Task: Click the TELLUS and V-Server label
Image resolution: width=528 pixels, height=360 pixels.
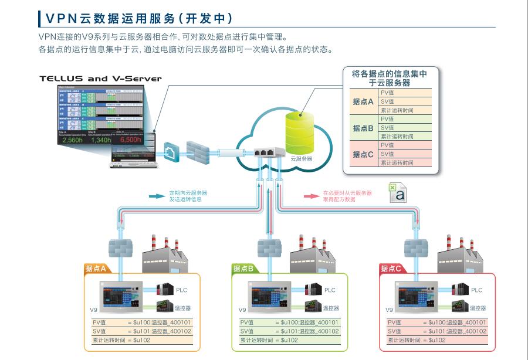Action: coord(100,78)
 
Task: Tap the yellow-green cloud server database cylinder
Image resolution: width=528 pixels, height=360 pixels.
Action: coord(299,130)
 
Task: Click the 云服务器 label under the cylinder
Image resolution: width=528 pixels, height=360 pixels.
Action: coord(301,159)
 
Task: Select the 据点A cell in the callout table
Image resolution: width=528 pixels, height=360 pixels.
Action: coord(363,101)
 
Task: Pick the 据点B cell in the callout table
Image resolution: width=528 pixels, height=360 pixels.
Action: coord(363,128)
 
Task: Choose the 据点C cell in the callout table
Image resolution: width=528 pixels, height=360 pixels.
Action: coord(363,154)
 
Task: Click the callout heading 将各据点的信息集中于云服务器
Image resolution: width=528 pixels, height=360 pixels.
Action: coord(389,78)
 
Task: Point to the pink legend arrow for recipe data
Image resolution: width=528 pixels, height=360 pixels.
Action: coord(312,196)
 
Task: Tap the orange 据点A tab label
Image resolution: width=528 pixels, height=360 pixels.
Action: coord(96,269)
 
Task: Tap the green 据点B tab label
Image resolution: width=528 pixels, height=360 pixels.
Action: coord(243,269)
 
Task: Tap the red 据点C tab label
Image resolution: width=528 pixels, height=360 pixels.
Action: coord(391,269)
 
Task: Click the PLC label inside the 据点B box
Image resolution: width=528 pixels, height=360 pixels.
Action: coord(330,290)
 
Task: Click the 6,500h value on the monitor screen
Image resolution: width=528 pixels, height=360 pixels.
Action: coord(130,140)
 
